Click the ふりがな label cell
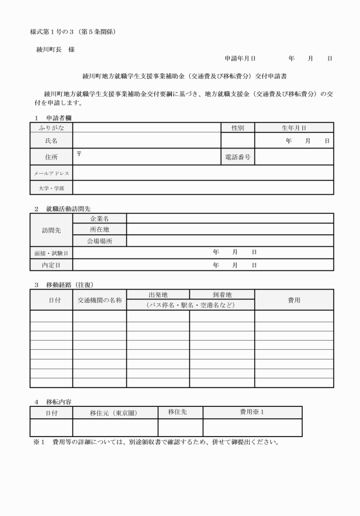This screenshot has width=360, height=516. coord(51,128)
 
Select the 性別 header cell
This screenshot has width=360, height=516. coord(238,128)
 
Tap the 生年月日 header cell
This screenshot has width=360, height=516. coord(294,128)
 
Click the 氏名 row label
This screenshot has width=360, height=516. coord(51,140)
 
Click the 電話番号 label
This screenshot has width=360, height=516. coord(238,157)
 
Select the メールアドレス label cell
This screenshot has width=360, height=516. coord(51,173)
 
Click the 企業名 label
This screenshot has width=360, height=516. coord(99,218)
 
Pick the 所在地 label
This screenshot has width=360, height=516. coord(99,229)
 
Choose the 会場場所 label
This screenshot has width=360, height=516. coord(99,241)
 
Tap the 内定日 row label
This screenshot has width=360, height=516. coord(51,265)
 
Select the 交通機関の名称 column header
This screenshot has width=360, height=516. coord(99,300)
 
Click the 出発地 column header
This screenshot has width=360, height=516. coord(158,295)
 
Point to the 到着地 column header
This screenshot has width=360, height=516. coord(222,295)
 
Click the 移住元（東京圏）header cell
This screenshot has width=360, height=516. coord(114,413)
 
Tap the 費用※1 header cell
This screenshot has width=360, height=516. coord(252,413)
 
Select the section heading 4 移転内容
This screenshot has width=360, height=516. coord(53,402)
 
